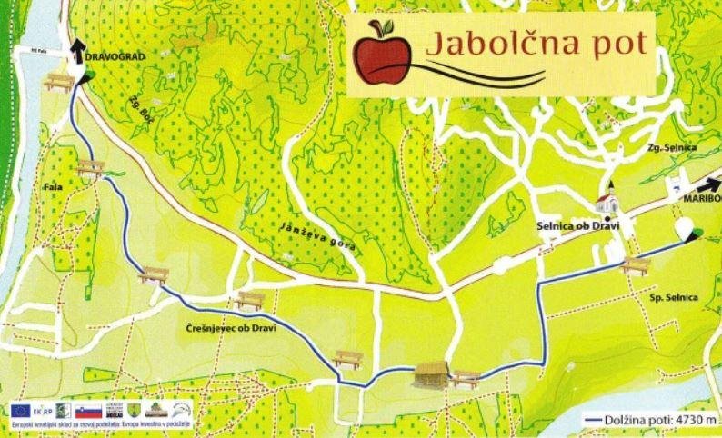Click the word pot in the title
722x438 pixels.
click(x=618, y=44)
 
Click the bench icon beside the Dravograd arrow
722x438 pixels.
click(x=58, y=82)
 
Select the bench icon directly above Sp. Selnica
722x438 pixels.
click(x=636, y=265)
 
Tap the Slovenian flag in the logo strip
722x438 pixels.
click(x=88, y=411)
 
